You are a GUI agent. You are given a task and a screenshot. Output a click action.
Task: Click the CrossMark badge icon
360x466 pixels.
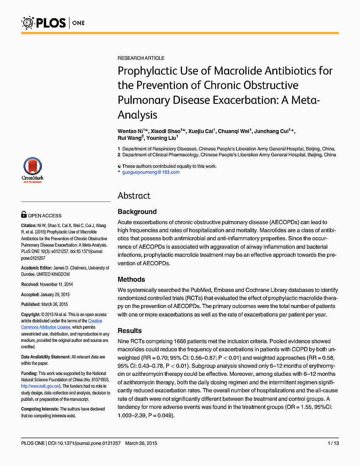point(33,169)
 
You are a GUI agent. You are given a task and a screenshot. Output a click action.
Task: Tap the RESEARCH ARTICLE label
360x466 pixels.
point(141,58)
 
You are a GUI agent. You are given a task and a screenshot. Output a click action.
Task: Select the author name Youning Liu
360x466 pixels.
point(162,138)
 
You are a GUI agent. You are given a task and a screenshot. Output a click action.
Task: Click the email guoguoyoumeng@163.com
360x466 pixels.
point(151,172)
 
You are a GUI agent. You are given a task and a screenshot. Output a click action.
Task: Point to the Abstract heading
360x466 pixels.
point(134,196)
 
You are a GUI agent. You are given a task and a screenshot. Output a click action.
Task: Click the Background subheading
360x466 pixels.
point(137,212)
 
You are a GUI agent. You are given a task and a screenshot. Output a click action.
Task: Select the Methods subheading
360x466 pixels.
point(131,280)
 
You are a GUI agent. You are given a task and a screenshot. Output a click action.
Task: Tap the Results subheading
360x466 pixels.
point(130,331)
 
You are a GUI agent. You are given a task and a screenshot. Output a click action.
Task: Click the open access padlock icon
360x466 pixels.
point(24,215)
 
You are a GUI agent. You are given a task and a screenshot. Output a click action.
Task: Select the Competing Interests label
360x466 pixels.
point(40,409)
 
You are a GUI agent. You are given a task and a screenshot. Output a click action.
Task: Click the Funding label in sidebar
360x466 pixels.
point(29,374)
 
